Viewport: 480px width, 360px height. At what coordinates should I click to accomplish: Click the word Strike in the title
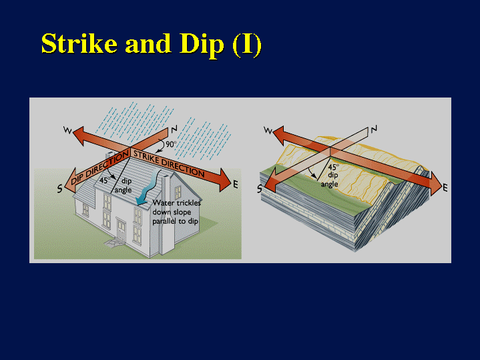pyautogui.click(x=79, y=43)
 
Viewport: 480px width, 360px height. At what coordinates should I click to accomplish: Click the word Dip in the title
pyautogui.click(x=202, y=45)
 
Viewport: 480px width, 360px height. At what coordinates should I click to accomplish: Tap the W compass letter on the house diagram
pyautogui.click(x=67, y=130)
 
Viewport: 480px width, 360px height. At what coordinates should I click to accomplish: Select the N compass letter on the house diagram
pyautogui.click(x=174, y=130)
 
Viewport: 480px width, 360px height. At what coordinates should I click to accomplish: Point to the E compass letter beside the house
pyautogui.click(x=236, y=184)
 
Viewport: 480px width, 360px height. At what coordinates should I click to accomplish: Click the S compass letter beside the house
pyautogui.click(x=59, y=189)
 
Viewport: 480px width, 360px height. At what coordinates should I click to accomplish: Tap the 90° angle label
pyautogui.click(x=171, y=144)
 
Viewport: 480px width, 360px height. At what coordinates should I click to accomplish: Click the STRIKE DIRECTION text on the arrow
pyautogui.click(x=169, y=164)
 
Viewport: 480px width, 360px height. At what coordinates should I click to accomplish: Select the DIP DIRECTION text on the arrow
pyautogui.click(x=100, y=168)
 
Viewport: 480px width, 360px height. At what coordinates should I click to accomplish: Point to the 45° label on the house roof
pyautogui.click(x=104, y=180)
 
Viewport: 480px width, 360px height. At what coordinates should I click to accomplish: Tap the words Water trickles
pyautogui.click(x=177, y=202)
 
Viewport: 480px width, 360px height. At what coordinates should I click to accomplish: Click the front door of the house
pyautogui.click(x=121, y=230)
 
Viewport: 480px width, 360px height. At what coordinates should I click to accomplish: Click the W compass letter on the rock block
pyautogui.click(x=268, y=130)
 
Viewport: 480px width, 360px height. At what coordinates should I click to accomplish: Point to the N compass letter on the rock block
pyautogui.click(x=374, y=130)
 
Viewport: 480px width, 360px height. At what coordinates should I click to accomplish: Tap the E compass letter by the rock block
pyautogui.click(x=445, y=188)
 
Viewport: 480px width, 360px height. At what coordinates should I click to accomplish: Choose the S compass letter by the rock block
pyautogui.click(x=260, y=189)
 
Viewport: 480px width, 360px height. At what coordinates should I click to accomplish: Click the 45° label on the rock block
pyautogui.click(x=333, y=167)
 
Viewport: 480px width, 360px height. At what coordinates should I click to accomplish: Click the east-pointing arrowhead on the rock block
pyautogui.click(x=435, y=184)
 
